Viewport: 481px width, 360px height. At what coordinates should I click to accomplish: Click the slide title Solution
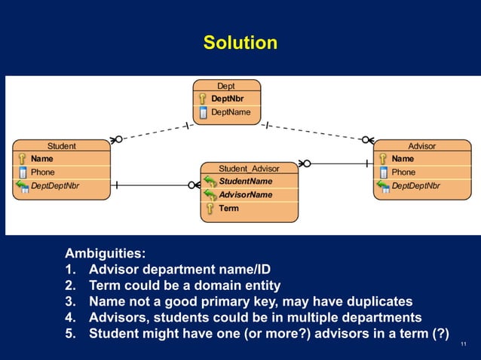pos(240,43)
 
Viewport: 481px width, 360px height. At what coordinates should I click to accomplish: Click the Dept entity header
pos(226,86)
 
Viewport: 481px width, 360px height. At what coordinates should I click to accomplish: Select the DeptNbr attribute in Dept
pos(226,99)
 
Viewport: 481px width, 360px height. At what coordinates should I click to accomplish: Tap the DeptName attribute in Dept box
pos(230,112)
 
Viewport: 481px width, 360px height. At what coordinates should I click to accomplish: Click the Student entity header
pos(62,146)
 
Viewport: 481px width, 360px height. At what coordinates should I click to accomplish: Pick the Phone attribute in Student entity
pos(43,172)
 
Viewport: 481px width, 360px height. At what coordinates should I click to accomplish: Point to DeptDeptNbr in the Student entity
pos(54,185)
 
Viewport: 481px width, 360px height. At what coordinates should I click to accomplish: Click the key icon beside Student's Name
pos(22,159)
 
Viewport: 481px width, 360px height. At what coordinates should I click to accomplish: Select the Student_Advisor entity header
pos(249,168)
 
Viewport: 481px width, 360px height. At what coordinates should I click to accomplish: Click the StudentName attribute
pos(245,182)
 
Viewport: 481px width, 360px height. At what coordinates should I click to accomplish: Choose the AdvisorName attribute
pos(245,195)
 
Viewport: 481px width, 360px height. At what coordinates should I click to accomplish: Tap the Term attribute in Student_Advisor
pos(228,209)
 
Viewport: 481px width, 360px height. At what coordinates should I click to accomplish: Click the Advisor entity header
pos(421,146)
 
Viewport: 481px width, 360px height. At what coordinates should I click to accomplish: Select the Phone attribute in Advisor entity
pos(403,172)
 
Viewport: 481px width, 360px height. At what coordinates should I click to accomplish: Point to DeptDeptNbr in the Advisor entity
pos(415,185)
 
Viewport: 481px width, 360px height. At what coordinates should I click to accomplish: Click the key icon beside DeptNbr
pos(202,99)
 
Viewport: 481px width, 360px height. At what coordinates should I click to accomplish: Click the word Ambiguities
pos(105,254)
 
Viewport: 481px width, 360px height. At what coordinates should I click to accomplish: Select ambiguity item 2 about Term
pos(184,285)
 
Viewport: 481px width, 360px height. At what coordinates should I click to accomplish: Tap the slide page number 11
pos(463,344)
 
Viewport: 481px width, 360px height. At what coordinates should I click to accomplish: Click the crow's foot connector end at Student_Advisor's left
pos(194,185)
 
